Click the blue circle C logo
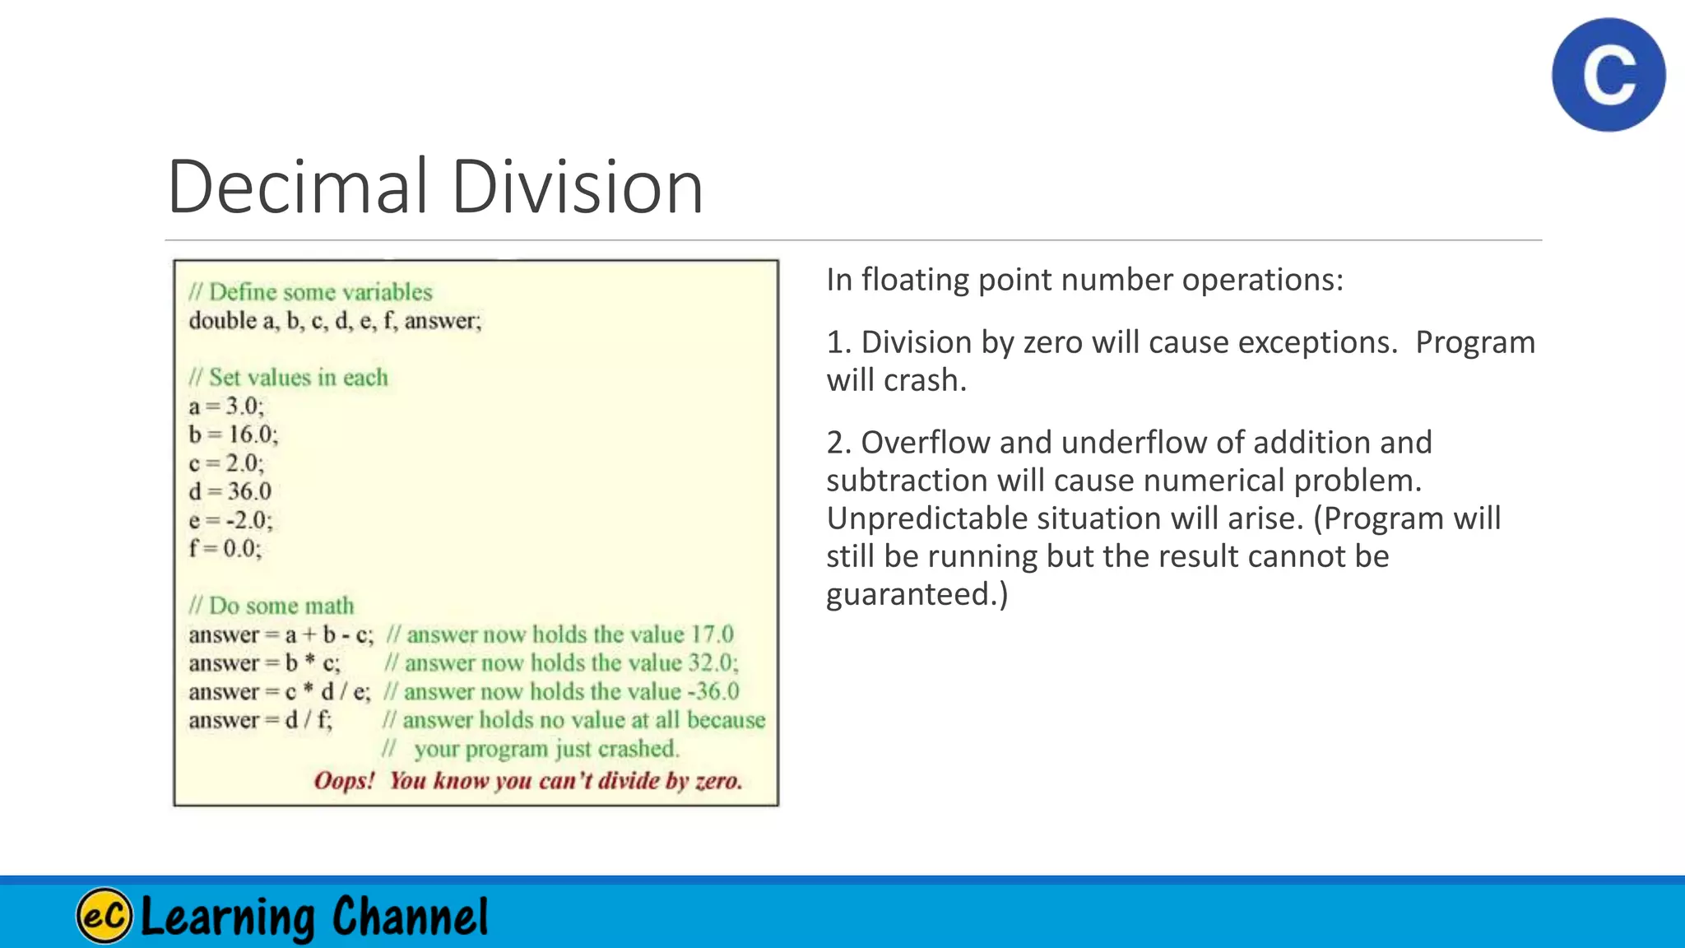tap(1608, 75)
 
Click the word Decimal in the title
tap(298, 187)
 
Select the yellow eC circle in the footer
tap(104, 915)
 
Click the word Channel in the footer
tap(410, 917)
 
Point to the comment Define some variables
tap(310, 292)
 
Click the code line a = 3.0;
tap(226, 406)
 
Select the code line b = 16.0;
tap(233, 434)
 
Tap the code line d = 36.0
tap(230, 491)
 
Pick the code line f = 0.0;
tap(225, 548)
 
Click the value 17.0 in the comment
tap(711, 634)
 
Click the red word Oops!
tap(344, 780)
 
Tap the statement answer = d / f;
tap(260, 720)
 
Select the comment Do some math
tap(271, 606)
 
